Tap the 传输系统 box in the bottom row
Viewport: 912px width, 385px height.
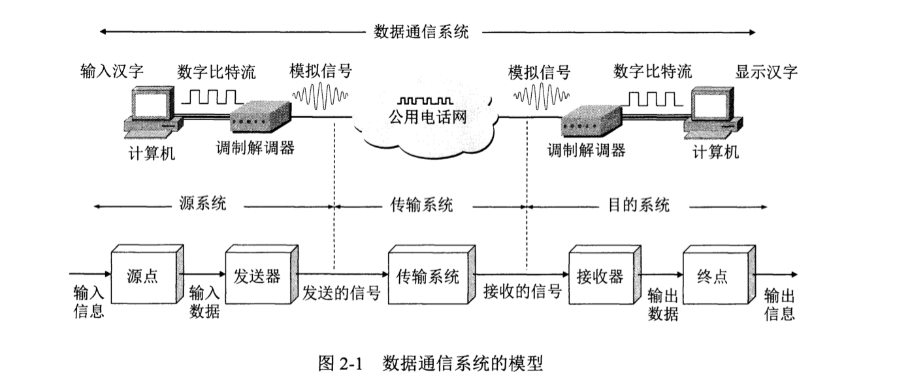pos(429,277)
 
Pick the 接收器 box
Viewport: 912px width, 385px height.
pos(600,277)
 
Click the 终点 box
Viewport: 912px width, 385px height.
pos(713,277)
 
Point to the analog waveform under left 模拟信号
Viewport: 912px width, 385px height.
pos(319,97)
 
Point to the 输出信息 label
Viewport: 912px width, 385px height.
pos(779,305)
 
